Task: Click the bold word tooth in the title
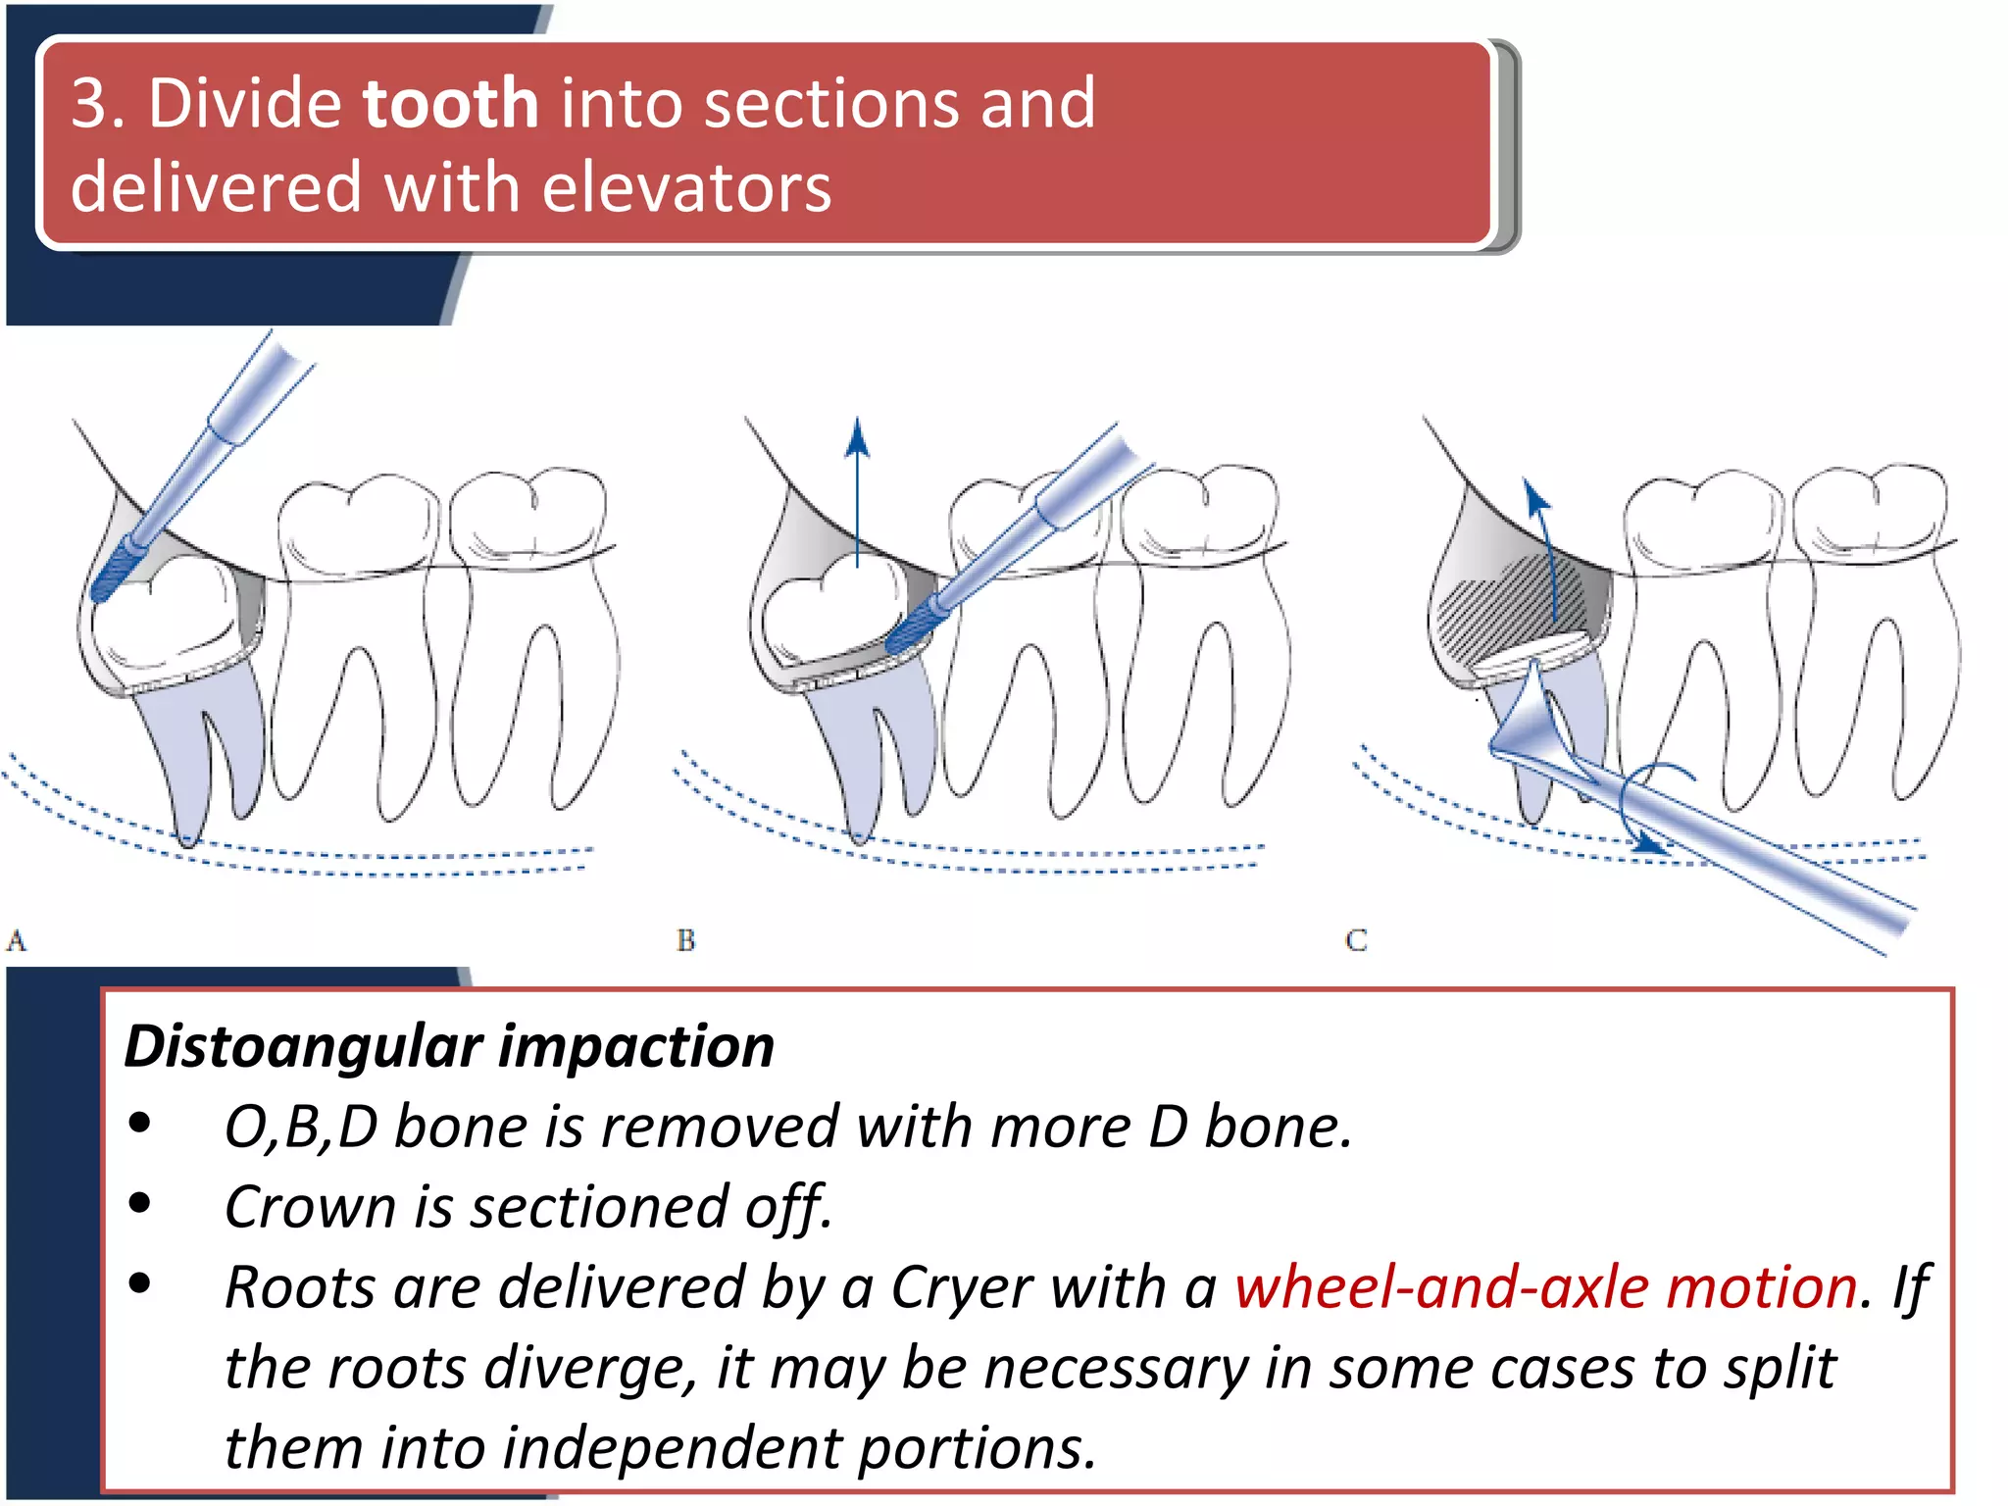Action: [x=450, y=103]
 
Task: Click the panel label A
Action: [x=17, y=941]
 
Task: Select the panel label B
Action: [x=685, y=941]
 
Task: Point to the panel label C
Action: [x=1356, y=941]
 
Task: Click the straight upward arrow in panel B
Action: [x=857, y=490]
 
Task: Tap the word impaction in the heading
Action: [x=637, y=1046]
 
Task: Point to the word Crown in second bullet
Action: [x=309, y=1207]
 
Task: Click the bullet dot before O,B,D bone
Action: [x=140, y=1124]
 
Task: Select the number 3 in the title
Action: [x=90, y=103]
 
